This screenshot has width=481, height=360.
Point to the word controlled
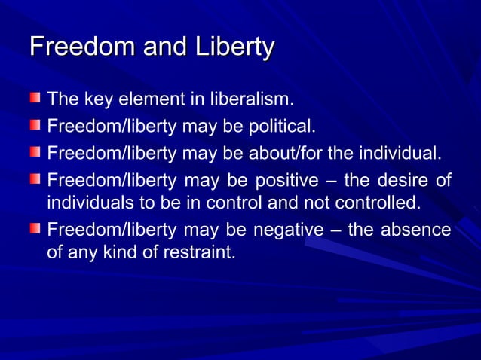375,203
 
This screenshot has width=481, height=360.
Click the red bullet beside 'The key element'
35,99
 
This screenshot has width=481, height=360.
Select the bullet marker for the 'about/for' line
35,153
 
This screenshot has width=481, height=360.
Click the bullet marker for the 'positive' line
35,180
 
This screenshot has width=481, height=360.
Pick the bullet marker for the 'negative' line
35,229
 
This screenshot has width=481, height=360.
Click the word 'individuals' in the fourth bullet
82,203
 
